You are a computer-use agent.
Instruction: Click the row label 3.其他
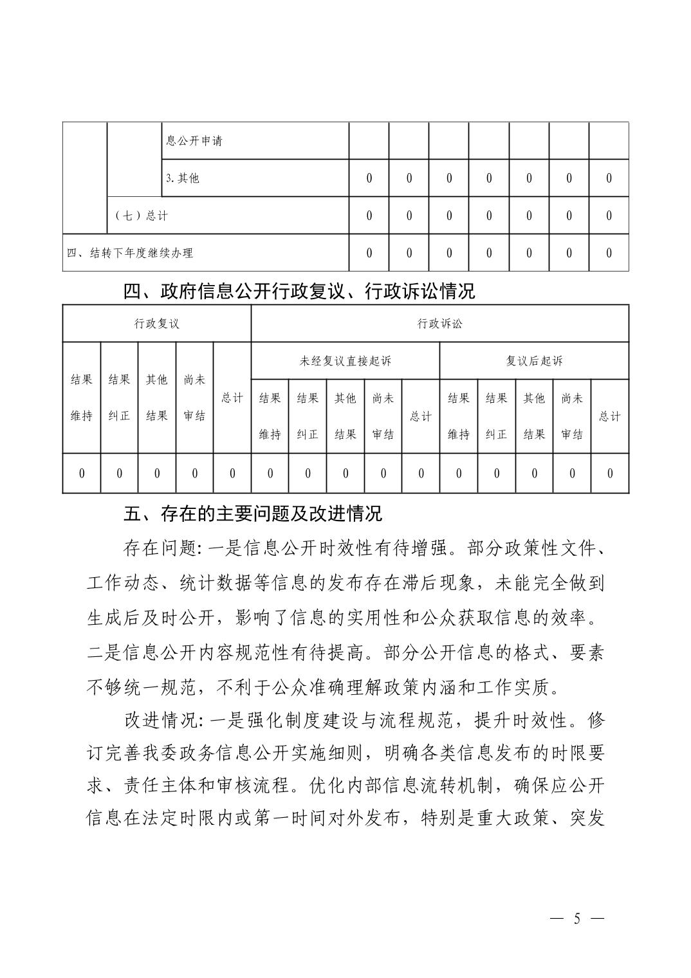183,178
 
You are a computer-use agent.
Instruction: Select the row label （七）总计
141,216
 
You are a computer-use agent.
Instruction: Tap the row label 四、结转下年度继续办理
130,253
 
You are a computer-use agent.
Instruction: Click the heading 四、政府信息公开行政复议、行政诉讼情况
299,291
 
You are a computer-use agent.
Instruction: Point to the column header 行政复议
156,323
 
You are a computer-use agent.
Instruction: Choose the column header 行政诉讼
439,323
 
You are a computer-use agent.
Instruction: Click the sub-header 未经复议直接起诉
345,361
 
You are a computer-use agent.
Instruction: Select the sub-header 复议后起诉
534,361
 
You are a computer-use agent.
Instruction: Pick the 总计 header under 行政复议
232,398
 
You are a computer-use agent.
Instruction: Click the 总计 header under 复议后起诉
610,416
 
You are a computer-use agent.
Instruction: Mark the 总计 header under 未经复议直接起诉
421,416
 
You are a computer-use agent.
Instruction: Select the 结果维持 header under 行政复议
82,398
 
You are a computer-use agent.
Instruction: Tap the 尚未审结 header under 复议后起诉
572,416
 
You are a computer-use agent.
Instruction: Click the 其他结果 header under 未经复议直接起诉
345,416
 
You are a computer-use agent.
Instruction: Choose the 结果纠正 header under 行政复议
119,398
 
